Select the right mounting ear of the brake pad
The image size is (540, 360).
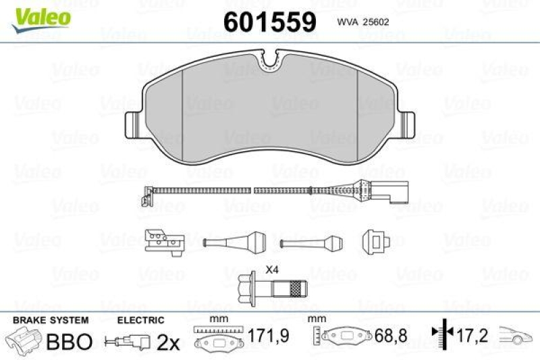[x=408, y=123]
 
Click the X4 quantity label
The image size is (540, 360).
[x=272, y=270]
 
